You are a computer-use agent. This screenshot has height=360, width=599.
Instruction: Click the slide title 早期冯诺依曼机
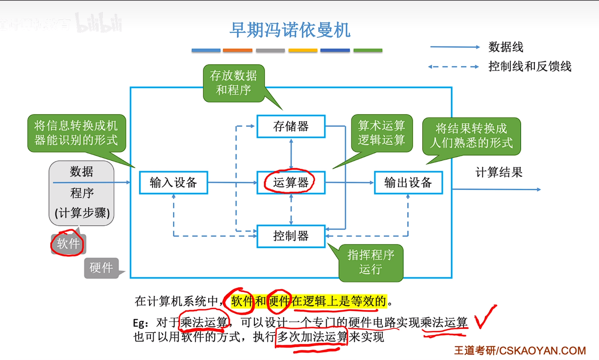[x=290, y=30]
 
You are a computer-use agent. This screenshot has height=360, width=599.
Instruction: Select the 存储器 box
[x=291, y=126]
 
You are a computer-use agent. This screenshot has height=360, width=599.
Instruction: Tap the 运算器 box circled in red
[x=291, y=182]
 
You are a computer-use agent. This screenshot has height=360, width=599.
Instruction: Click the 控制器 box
[x=291, y=236]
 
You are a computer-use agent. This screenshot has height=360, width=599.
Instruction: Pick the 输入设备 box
[x=173, y=182]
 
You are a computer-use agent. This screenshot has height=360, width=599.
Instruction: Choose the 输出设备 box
[x=408, y=182]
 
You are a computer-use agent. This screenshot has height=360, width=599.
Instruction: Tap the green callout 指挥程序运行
[x=370, y=262]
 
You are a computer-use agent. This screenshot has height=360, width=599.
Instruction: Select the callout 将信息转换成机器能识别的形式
[x=76, y=133]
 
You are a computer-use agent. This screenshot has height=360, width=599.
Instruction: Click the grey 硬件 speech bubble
[x=101, y=267]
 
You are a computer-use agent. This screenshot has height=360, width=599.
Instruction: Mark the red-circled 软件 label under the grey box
[x=68, y=244]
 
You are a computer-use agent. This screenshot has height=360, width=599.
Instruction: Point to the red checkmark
[x=484, y=318]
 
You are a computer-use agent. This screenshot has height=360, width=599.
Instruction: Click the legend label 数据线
[x=505, y=47]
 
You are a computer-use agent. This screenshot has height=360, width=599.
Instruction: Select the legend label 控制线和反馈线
[x=529, y=67]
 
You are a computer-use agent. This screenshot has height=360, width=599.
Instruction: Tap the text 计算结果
[x=499, y=172]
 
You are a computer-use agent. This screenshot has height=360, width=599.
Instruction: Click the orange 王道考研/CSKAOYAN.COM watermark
[x=519, y=351]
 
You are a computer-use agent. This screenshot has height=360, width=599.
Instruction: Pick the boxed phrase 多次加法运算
[x=312, y=337]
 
